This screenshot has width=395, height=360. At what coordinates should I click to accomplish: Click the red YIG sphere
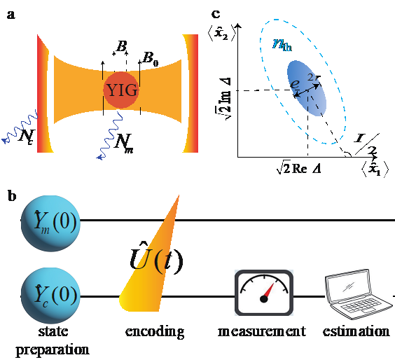(x=121, y=90)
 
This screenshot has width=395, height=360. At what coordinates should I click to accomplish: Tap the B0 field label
(x=151, y=59)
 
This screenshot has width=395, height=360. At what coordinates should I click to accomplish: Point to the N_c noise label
(x=27, y=137)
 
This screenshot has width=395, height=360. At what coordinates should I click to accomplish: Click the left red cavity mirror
(x=43, y=93)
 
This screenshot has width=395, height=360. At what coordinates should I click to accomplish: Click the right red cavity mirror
(x=191, y=93)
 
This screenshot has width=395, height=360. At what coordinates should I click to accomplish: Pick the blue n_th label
(x=282, y=45)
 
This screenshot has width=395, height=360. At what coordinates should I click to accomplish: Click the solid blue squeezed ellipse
(x=307, y=88)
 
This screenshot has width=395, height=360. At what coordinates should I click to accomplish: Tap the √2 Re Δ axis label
(x=299, y=167)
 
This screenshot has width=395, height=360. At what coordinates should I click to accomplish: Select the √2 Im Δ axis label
(x=224, y=99)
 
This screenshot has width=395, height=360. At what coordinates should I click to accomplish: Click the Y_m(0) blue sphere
(x=50, y=223)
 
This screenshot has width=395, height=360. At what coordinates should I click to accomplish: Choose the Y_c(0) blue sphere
(x=50, y=296)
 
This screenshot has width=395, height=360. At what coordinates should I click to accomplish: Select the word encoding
(x=155, y=332)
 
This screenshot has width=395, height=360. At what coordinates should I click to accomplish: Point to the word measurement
(x=262, y=331)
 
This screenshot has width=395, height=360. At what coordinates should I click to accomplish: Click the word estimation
(x=356, y=331)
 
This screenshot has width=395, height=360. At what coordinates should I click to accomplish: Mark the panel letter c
(x=216, y=15)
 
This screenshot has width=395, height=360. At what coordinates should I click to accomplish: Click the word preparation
(x=53, y=350)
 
